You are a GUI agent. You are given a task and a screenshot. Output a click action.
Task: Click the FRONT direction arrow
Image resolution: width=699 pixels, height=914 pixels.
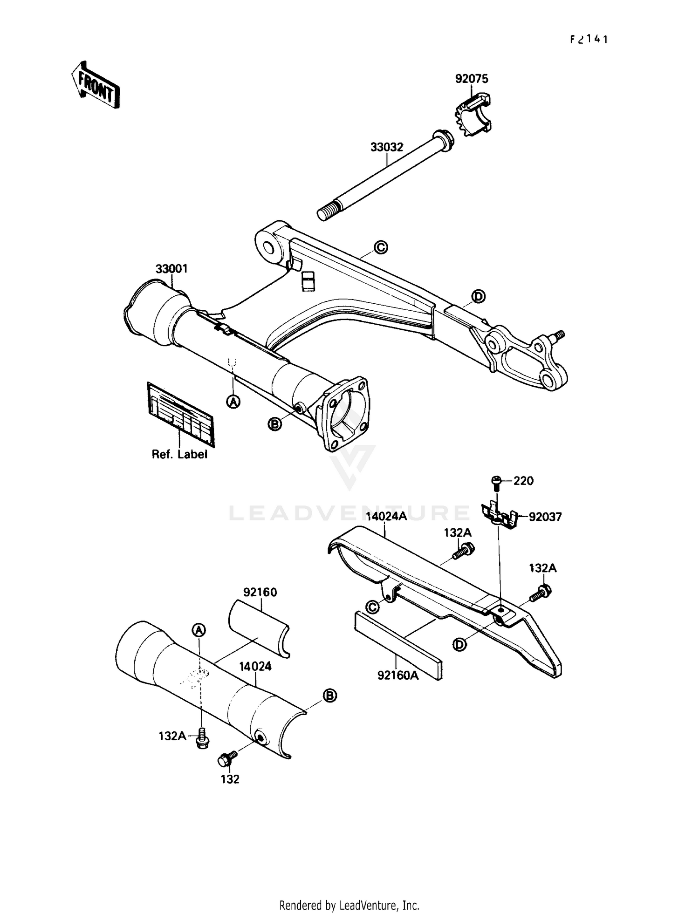96,85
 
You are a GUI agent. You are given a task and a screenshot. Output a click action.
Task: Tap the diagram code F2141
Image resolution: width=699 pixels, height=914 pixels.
589,40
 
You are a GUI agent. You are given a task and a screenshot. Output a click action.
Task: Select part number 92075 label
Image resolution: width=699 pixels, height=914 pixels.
472,79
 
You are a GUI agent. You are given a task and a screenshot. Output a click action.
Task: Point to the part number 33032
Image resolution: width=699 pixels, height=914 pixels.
387,147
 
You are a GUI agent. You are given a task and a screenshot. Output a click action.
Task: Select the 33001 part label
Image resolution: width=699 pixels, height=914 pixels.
171,269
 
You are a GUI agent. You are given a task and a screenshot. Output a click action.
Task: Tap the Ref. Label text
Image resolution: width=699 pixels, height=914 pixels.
179,454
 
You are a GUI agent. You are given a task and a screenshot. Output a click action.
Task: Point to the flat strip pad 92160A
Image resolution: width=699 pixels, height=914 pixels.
398,644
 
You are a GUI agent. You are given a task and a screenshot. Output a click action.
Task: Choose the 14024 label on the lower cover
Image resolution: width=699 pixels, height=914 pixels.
255,666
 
